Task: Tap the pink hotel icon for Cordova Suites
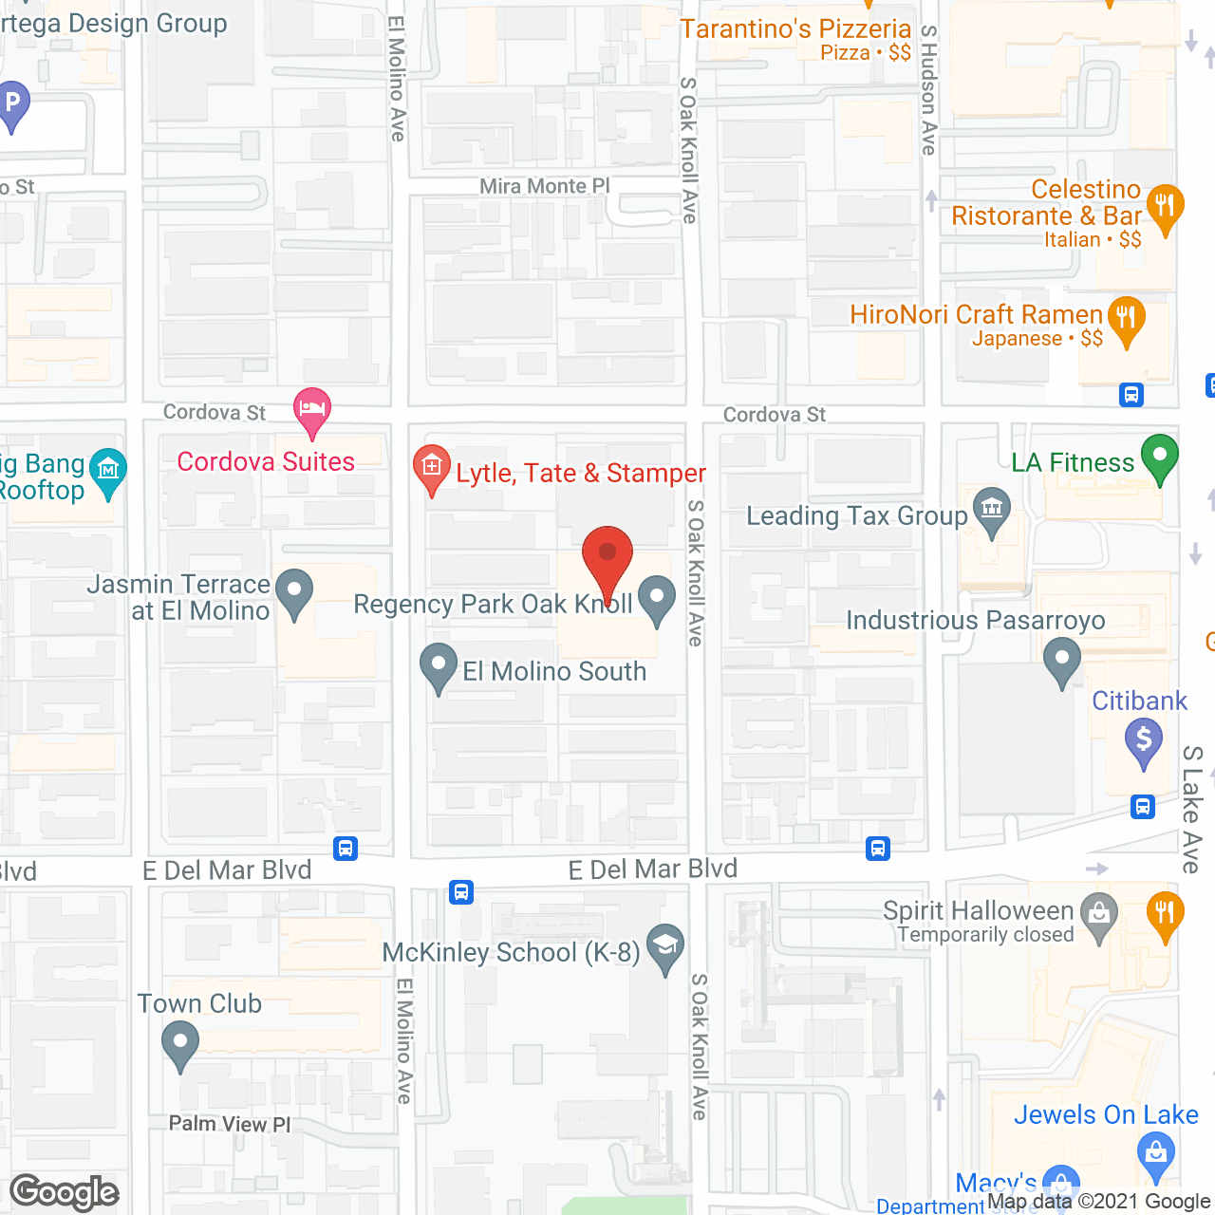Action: [x=312, y=409]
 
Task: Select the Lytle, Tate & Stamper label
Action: [x=580, y=473]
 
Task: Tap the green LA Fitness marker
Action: [x=1159, y=457]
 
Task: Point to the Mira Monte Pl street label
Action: [x=544, y=186]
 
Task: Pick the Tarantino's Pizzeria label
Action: [x=795, y=29]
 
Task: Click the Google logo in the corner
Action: [x=65, y=1192]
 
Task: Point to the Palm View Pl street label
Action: [x=230, y=1124]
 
